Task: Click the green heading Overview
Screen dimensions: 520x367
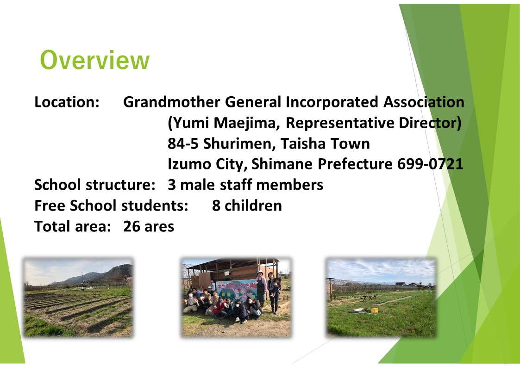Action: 95,60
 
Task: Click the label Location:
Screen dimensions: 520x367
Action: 67,102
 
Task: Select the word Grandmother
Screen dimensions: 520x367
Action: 172,102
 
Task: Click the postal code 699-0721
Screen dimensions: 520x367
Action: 430,164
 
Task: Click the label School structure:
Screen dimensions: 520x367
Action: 95,185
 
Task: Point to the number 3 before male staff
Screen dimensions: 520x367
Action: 171,185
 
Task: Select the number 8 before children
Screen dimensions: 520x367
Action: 216,206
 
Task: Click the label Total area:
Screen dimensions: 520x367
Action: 73,227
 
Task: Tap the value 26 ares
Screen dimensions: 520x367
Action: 149,227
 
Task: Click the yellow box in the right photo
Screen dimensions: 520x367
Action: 375,311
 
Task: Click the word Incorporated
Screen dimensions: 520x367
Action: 332,102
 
